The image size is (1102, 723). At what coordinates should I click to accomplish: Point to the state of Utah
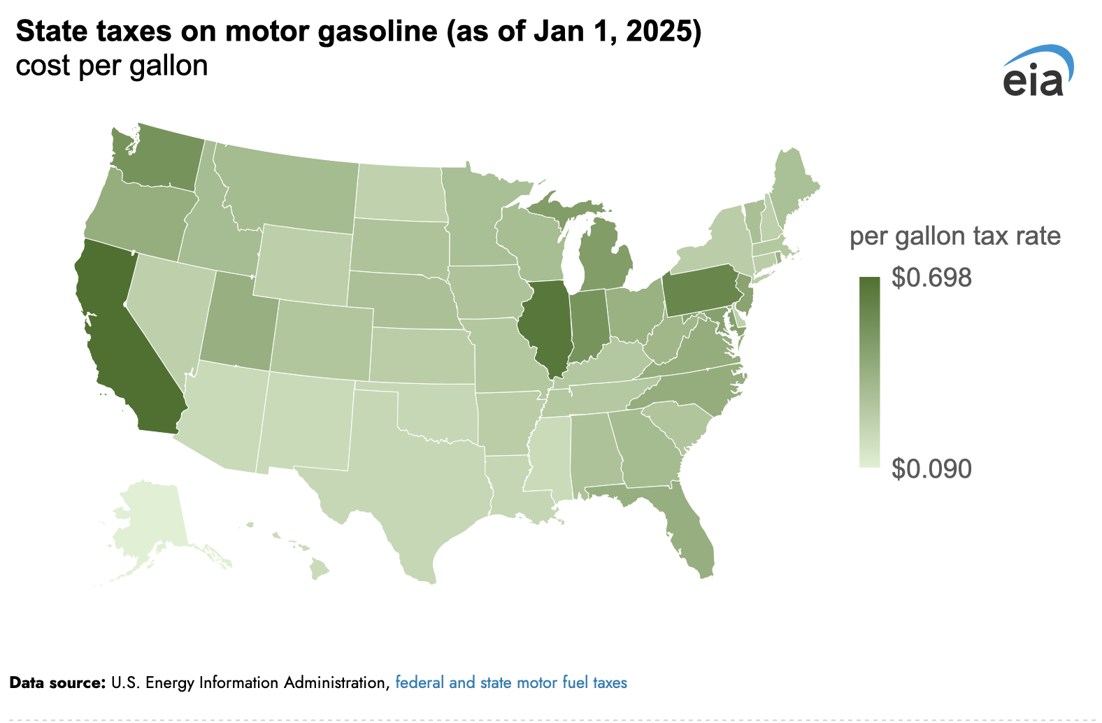(238, 320)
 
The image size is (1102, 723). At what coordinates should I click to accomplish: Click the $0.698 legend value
(931, 278)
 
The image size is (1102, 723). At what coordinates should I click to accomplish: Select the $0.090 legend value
(931, 468)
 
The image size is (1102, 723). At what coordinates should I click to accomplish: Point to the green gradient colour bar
(869, 372)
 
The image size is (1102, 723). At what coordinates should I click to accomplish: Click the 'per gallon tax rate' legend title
(955, 236)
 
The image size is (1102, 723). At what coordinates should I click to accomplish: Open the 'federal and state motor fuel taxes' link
(511, 682)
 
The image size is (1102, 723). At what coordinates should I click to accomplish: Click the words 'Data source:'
(57, 682)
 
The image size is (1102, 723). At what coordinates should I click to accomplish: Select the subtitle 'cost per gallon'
(112, 66)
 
